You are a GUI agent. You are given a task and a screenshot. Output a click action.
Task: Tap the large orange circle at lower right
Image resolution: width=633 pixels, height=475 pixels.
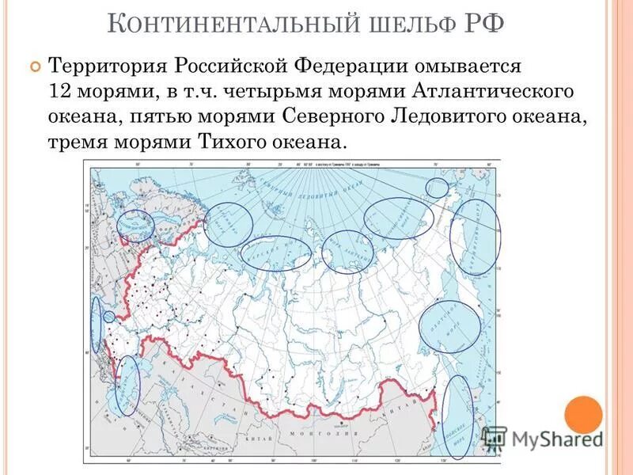click(x=583, y=413)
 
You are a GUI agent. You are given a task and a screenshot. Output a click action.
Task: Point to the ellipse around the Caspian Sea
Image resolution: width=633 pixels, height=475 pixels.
click(x=127, y=386)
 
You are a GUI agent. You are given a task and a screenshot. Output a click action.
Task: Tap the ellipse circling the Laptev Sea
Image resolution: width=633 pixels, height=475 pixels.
click(x=347, y=252)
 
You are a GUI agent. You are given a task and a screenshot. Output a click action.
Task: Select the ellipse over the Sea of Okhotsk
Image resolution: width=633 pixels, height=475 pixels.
click(x=449, y=326)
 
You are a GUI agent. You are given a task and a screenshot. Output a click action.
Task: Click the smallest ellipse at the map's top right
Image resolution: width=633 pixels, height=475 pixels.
click(x=437, y=188)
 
